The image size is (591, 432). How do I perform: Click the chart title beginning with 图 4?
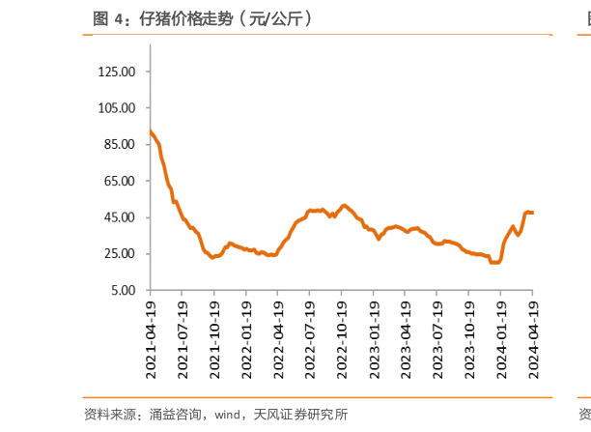(x=202, y=18)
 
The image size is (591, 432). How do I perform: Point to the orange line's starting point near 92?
(x=151, y=131)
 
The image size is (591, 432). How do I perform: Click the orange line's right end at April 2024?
(x=533, y=213)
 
